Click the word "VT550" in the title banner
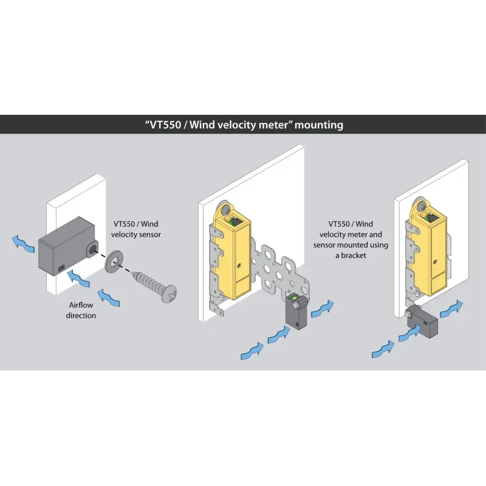pos(165,125)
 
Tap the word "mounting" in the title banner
pos(319,125)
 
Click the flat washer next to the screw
pos(114,261)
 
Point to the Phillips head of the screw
pos(169,293)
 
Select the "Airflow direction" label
pos(81,310)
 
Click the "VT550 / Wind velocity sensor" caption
pos(136,229)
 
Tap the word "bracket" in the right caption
pos(354,256)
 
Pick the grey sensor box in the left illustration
pos(67,246)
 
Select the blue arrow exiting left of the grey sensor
pos(23,244)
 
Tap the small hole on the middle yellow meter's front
pos(239,265)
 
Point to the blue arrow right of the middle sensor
pos(323,309)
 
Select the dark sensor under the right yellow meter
pos(422,323)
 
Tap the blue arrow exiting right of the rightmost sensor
pos(451,309)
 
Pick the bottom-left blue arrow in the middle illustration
pos(252,351)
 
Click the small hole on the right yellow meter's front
pos(435,262)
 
